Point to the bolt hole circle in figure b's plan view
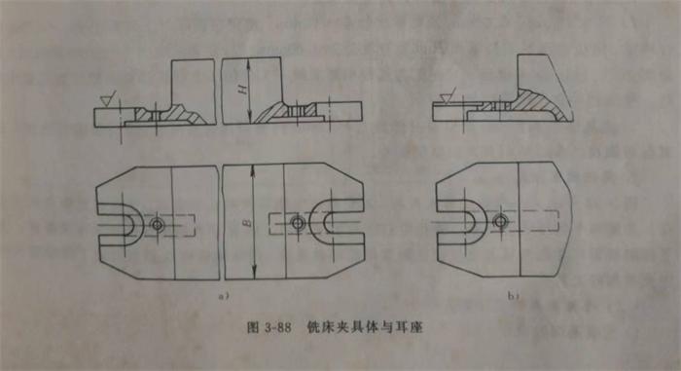pyautogui.click(x=500, y=222)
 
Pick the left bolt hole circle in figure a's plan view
pyautogui.click(x=160, y=223)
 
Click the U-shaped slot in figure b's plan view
pyautogui.click(x=463, y=223)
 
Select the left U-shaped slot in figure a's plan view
pyautogui.click(x=123, y=223)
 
